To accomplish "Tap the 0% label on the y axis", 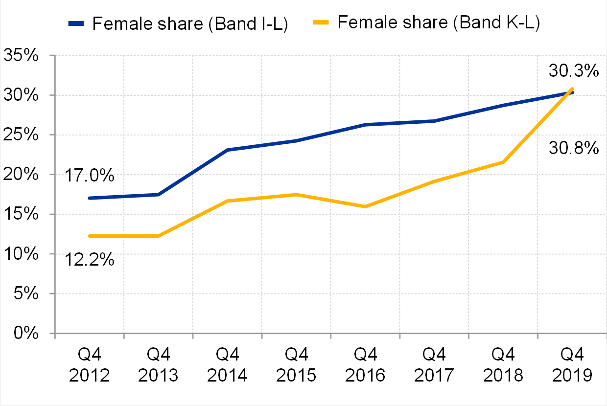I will pos(26,334).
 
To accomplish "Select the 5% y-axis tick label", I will pos(26,293).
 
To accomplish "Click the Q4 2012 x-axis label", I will pos(90,365).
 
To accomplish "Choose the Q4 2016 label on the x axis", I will pos(365,365).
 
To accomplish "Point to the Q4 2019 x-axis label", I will pos(572,365).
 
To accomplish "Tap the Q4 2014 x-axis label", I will pos(227,365).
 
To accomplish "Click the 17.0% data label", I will pos(89,175).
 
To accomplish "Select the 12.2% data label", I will pos(89,259).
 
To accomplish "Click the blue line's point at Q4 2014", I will pos(227,150).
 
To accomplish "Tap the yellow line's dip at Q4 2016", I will pos(365,206).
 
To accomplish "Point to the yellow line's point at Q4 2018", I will pos(503,162).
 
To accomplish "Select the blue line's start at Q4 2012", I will pos(90,198).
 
